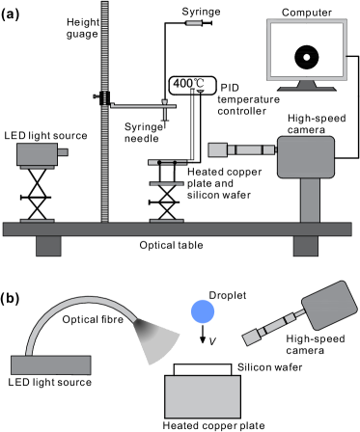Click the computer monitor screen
(306, 49)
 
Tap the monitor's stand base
(306, 87)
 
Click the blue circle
(203, 311)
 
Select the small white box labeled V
(213, 341)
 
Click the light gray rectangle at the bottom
(203, 396)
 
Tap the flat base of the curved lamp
(51, 364)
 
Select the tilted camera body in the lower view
(328, 305)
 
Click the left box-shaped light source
(37, 154)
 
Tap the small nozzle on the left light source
(63, 152)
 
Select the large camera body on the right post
(306, 156)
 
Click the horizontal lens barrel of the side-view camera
(246, 149)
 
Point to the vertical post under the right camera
(309, 200)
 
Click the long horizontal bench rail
(177, 229)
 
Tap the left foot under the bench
(48, 246)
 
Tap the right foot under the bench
(306, 246)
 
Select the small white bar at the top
(194, 22)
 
